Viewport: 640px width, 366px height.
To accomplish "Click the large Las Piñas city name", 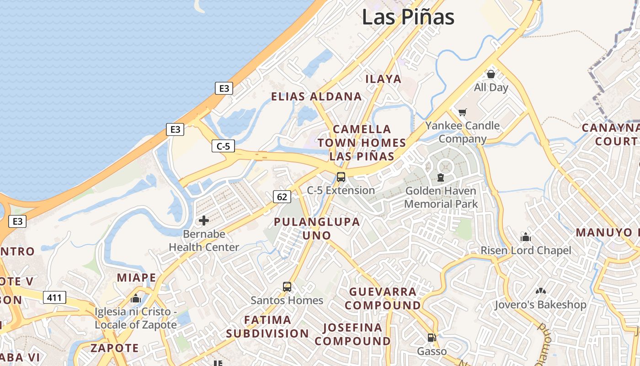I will click(x=408, y=17).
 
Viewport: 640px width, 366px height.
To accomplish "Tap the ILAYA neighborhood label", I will click(x=383, y=79).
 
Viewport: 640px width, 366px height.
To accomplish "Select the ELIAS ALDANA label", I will click(x=316, y=97).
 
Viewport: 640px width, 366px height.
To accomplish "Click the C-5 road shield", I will click(x=224, y=146).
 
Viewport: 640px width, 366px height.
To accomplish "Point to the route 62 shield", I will click(x=282, y=197).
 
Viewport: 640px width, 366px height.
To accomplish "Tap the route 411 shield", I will click(x=54, y=298).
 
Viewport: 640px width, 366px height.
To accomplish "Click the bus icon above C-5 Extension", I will click(x=341, y=177).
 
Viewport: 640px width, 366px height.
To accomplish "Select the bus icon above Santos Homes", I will click(x=287, y=287).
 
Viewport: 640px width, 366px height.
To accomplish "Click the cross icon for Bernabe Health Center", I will click(x=204, y=221).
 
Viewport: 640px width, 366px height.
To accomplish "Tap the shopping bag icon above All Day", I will click(x=491, y=74).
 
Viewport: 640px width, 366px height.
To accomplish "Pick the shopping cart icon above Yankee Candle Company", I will click(x=463, y=112).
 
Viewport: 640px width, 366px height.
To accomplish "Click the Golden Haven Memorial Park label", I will click(x=441, y=197).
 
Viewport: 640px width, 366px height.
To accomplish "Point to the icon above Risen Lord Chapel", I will click(x=526, y=237).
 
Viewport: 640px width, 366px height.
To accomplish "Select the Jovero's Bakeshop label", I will click(x=540, y=305).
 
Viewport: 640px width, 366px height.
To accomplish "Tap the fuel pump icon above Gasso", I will click(x=432, y=338).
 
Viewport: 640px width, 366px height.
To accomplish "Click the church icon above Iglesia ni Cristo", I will click(x=135, y=299).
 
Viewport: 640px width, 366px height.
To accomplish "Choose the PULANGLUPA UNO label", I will click(x=317, y=228).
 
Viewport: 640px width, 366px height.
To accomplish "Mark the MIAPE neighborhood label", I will click(x=136, y=278).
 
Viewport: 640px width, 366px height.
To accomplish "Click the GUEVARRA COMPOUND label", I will click(x=383, y=298).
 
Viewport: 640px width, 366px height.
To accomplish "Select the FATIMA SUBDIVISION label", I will click(x=267, y=326).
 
